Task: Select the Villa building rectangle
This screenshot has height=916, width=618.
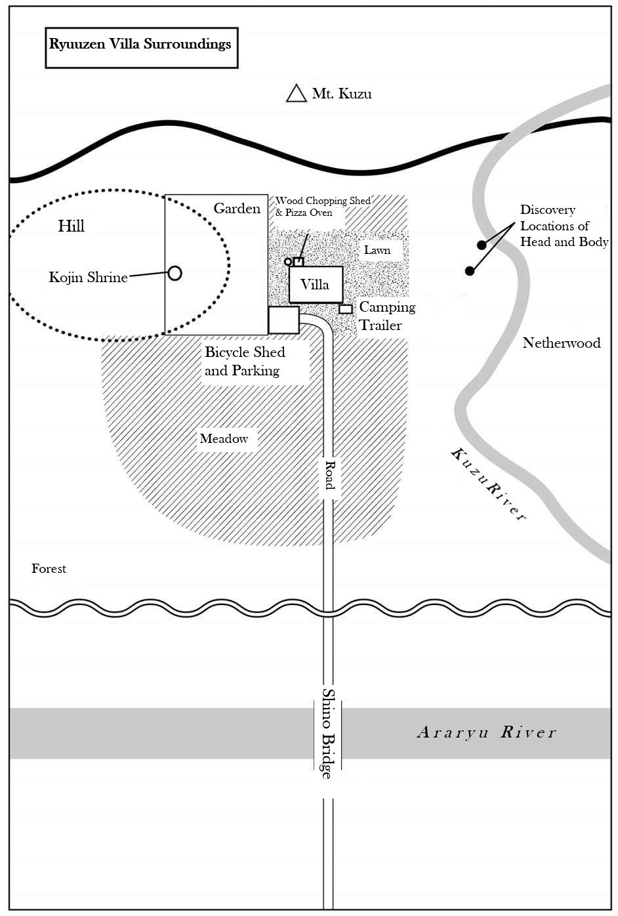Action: (x=316, y=285)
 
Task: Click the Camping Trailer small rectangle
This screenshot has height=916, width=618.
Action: (x=346, y=309)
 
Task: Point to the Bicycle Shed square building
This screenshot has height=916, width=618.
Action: (x=283, y=320)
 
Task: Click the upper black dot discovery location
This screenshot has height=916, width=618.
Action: (x=482, y=245)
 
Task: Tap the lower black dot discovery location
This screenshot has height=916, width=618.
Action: (x=470, y=271)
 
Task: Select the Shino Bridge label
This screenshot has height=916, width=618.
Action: (x=327, y=734)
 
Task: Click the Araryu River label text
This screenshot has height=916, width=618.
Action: (x=486, y=732)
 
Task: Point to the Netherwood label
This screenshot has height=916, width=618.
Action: (x=562, y=343)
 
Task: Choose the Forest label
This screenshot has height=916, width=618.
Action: (x=49, y=568)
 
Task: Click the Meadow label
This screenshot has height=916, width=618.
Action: (x=224, y=439)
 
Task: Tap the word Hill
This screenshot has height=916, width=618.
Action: (x=71, y=226)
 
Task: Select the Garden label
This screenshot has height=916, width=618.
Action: (x=237, y=209)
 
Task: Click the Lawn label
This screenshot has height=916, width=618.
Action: (x=377, y=250)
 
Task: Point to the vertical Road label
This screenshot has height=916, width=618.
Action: (x=329, y=475)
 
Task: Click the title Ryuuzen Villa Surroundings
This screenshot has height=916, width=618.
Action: (x=140, y=44)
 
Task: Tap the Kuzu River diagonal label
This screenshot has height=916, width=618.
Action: (x=489, y=484)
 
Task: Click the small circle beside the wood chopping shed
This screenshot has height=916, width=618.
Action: (x=288, y=261)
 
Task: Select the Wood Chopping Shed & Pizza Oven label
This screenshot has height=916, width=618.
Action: (x=323, y=207)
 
